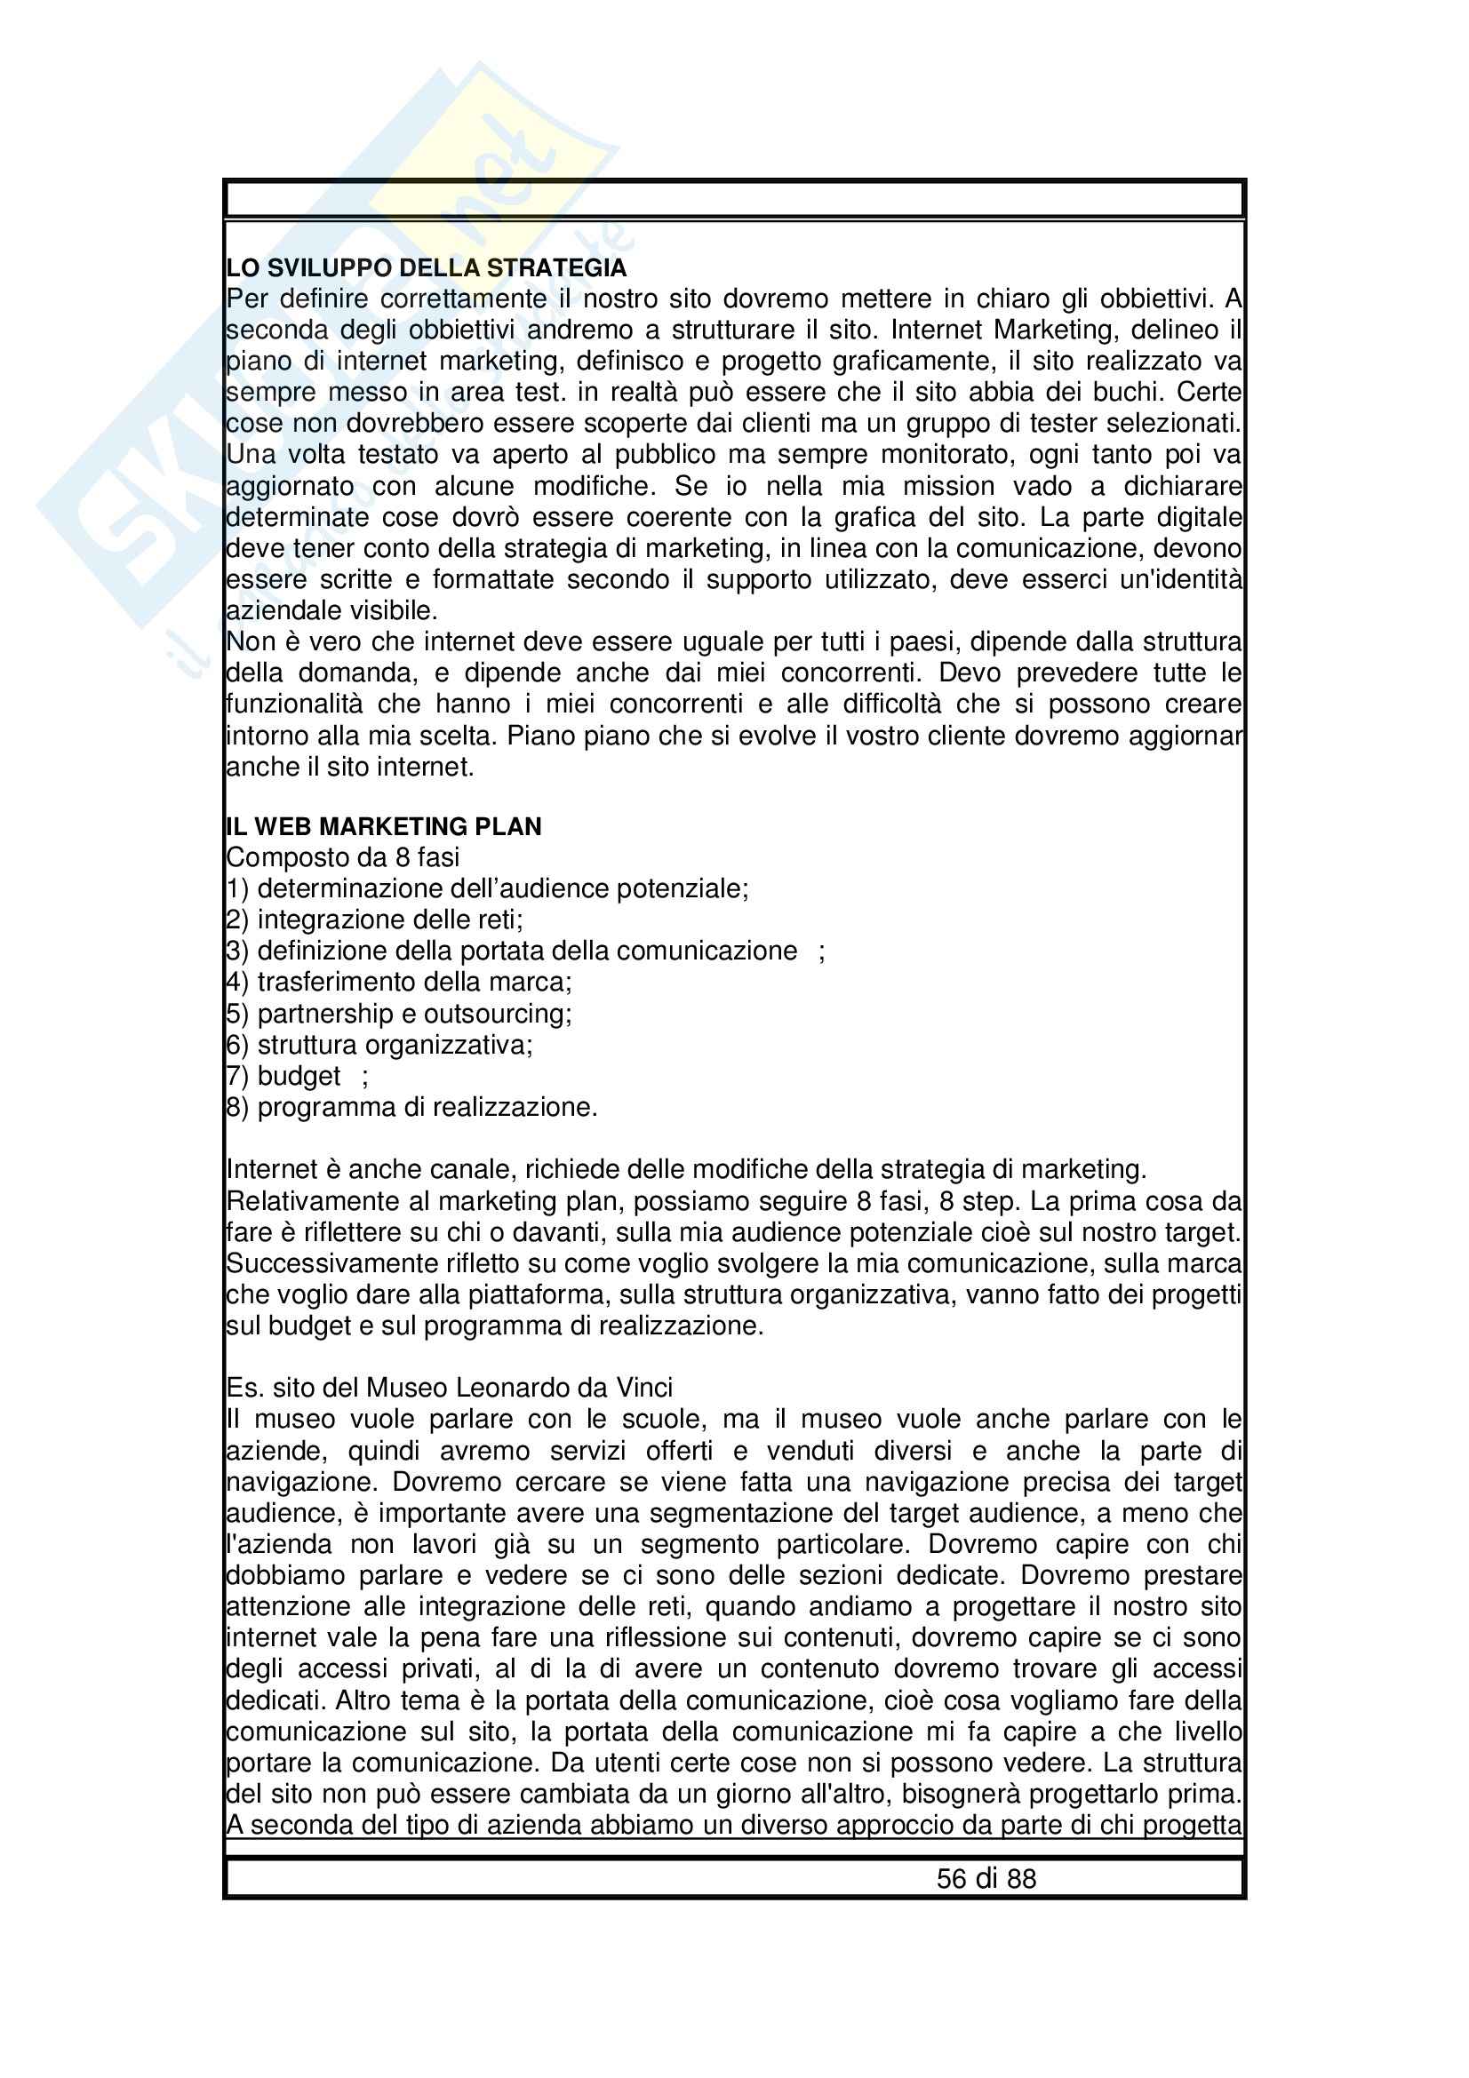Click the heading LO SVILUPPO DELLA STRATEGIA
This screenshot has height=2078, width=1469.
coord(426,268)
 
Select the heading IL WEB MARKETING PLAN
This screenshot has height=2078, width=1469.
coord(384,826)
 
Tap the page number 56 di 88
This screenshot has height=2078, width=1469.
coord(986,1879)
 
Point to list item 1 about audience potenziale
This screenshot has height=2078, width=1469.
coord(488,888)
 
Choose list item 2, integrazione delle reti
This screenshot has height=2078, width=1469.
coord(375,920)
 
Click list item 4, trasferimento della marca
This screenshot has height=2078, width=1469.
coord(399,982)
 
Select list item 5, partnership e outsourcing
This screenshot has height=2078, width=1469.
coord(399,1014)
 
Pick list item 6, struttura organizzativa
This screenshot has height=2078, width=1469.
coord(380,1046)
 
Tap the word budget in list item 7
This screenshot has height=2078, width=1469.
coord(299,1076)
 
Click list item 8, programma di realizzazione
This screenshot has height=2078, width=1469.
coord(411,1108)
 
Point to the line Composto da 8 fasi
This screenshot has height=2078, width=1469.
coord(343,857)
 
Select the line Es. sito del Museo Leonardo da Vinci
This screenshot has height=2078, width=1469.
coord(449,1388)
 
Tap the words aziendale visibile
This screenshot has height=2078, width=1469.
coord(331,611)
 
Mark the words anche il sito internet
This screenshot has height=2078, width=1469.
coord(350,768)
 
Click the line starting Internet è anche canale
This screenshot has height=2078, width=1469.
coord(686,1169)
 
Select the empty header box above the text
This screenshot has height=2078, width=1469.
coord(734,198)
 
